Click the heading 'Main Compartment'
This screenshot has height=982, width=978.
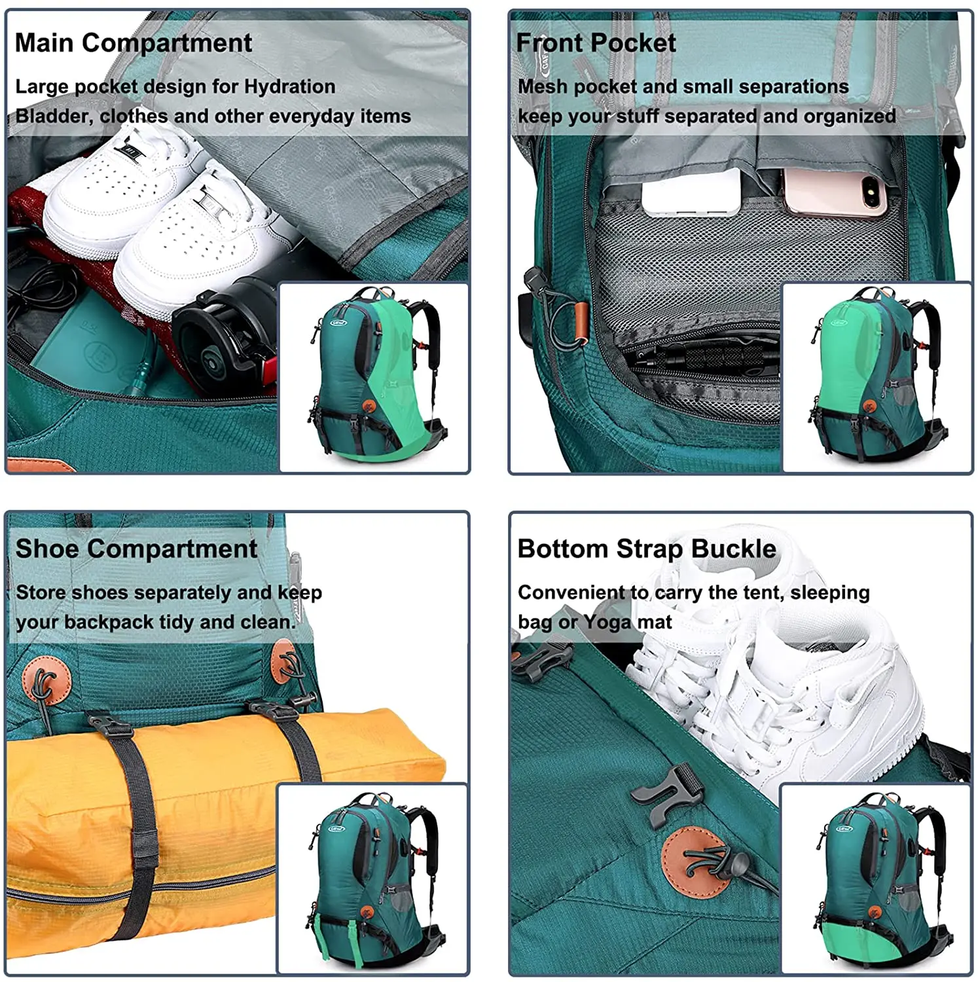[133, 43]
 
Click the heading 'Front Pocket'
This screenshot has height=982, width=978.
[596, 43]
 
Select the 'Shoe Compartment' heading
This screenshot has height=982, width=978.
[136, 549]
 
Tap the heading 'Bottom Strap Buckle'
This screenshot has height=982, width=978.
[647, 549]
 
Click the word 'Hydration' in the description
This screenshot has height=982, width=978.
[289, 86]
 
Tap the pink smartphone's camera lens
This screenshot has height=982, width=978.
[872, 192]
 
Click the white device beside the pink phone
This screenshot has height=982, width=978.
[691, 194]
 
